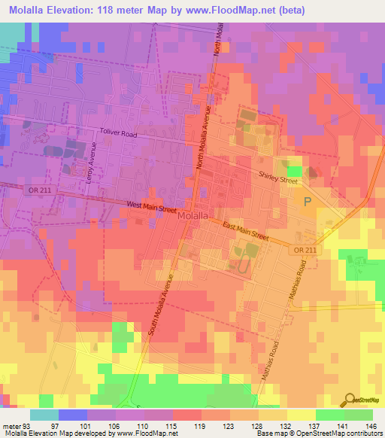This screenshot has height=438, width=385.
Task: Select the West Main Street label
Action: pyautogui.click(x=153, y=205)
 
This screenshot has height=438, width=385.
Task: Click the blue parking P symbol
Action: pyautogui.click(x=307, y=202)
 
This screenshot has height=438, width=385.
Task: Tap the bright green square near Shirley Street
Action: pyautogui.click(x=293, y=172)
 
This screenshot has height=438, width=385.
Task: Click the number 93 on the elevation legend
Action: pyautogui.click(x=27, y=425)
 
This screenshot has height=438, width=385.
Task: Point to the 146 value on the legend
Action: pyautogui.click(x=371, y=425)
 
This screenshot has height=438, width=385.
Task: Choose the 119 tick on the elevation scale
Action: pyautogui.click(x=199, y=425)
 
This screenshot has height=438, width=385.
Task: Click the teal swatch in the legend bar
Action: pyautogui.click(x=44, y=415)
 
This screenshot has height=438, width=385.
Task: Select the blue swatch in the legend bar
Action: pyautogui.click(x=73, y=415)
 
